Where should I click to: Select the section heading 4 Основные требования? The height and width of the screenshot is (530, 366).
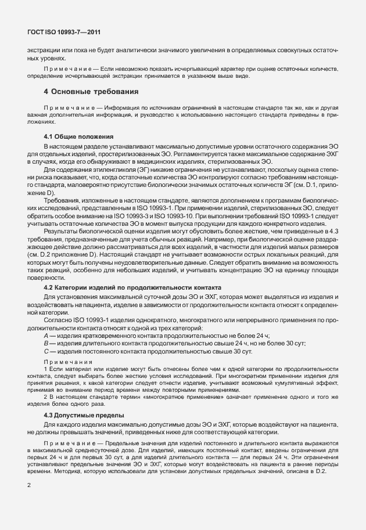(x=91, y=92)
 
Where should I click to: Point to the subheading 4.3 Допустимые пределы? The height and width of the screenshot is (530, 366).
(x=84, y=416)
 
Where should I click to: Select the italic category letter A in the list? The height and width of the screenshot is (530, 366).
(x=46, y=337)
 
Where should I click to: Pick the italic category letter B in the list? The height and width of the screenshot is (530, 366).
(x=46, y=344)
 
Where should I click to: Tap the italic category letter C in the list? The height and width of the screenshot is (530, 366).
(x=46, y=352)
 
